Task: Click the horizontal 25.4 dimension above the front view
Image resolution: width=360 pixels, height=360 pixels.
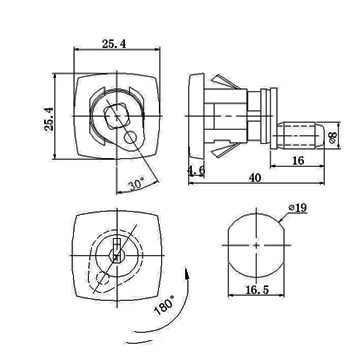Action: pos(114,44)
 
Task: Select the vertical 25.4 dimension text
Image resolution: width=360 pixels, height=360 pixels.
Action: pos(49,119)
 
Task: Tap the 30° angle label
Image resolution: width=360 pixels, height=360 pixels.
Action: pos(137,184)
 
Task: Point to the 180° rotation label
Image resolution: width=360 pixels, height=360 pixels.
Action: pos(164,305)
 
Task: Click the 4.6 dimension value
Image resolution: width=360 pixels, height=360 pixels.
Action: pos(196,171)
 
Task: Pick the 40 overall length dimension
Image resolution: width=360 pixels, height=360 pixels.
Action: pos(255,178)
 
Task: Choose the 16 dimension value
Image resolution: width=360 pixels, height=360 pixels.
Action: pos(298,160)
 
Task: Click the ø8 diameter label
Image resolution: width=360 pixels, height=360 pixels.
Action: pos(333,136)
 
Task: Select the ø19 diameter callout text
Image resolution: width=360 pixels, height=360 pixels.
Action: pos(298,208)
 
